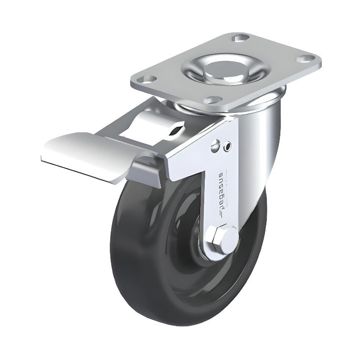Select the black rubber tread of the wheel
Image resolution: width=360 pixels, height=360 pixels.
[135, 252]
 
